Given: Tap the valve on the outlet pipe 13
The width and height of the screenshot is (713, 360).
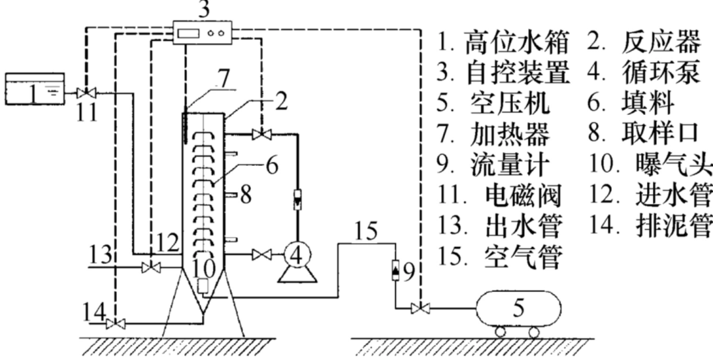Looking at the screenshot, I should (152, 267).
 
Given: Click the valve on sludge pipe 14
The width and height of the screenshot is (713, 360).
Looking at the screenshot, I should (117, 323).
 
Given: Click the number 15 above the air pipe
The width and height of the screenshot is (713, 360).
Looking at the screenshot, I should (364, 233).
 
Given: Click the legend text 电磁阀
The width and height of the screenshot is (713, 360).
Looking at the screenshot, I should (524, 196).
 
